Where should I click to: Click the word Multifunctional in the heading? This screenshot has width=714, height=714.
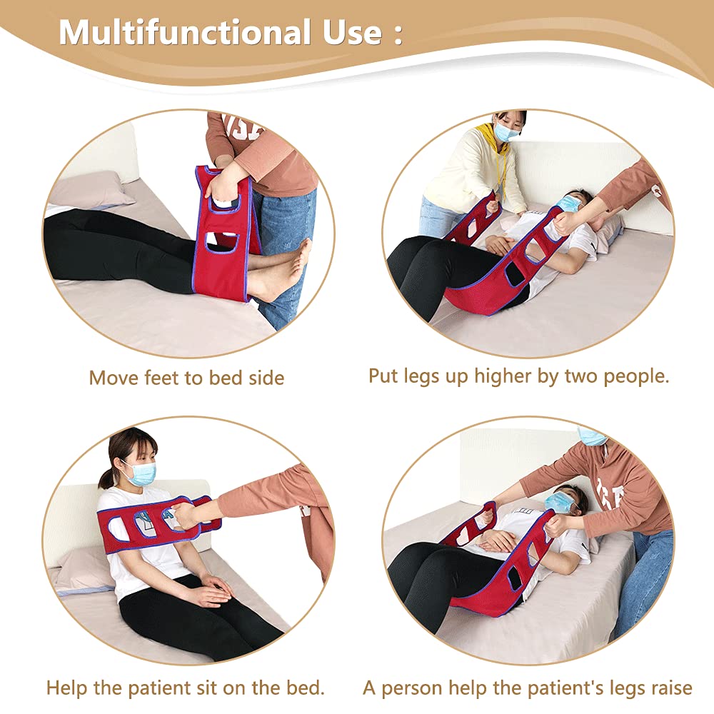[182, 32]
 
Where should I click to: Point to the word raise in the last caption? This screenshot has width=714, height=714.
[665, 688]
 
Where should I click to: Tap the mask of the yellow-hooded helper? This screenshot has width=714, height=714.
[506, 132]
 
